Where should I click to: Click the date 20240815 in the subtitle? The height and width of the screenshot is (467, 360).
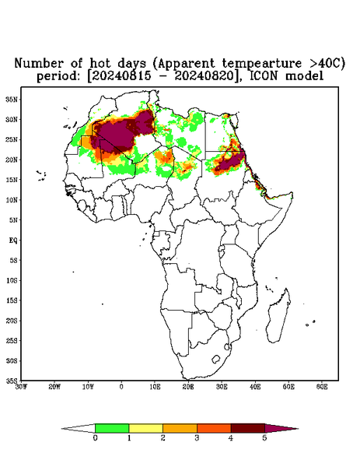[x=121, y=76]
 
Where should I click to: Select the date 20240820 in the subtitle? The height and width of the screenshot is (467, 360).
[x=204, y=76]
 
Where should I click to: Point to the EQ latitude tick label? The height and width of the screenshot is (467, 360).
[x=13, y=240]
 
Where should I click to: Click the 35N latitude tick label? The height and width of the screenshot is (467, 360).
[x=12, y=99]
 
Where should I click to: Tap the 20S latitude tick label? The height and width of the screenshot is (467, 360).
[x=12, y=321]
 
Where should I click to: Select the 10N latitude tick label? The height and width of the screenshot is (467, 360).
[x=12, y=200]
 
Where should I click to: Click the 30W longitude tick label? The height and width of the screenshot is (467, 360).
[x=21, y=387]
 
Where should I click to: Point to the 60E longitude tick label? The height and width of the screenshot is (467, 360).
[x=322, y=387]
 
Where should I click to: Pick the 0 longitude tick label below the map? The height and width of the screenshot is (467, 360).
[x=121, y=387]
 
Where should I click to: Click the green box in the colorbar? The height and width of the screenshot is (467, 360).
[x=112, y=428]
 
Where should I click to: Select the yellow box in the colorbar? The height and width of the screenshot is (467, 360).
[x=145, y=428]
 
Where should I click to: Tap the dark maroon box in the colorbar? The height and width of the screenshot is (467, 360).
[x=248, y=428]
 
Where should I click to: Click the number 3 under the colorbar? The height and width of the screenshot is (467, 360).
[x=197, y=438]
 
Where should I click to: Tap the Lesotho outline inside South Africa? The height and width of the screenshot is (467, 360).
[x=215, y=359]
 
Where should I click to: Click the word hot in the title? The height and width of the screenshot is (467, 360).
[x=101, y=63]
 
